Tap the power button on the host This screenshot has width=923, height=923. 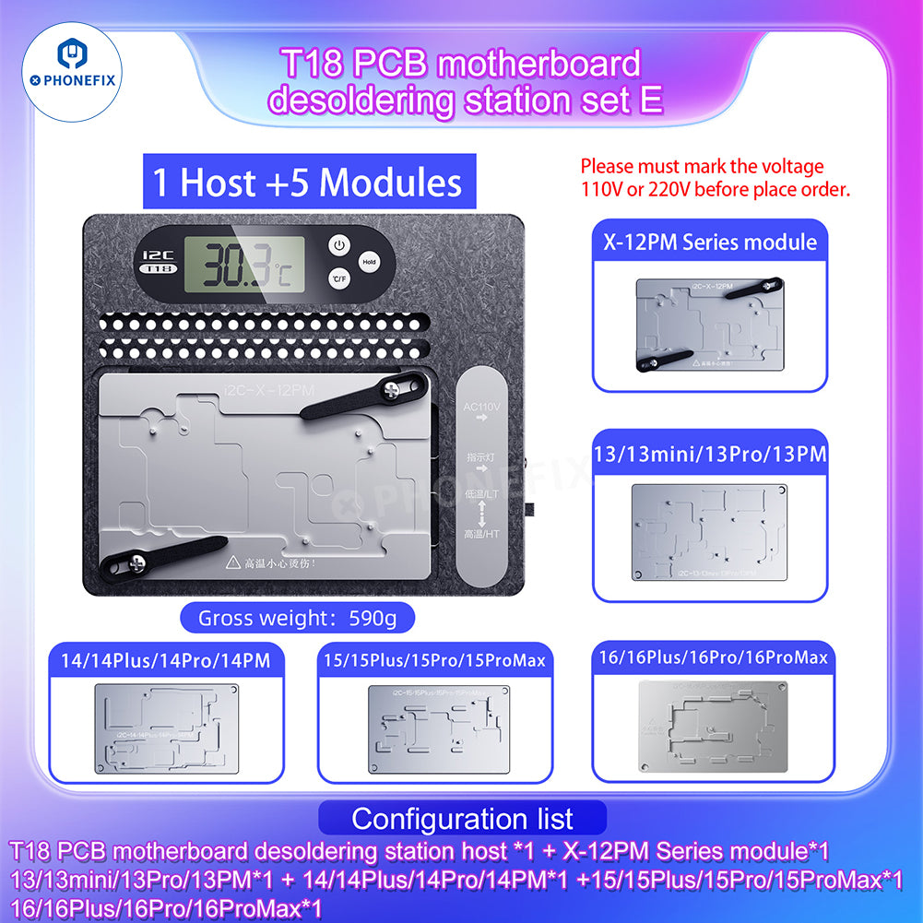338,246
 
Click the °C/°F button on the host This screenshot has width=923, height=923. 338,278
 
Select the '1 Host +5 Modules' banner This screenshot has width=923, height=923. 307,182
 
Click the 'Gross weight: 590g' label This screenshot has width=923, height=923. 297,618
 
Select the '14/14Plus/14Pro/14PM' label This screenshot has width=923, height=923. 166,660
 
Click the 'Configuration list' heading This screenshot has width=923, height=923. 462,818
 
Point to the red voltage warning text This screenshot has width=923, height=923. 715,178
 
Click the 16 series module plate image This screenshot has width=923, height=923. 709,726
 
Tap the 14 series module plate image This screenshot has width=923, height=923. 166,728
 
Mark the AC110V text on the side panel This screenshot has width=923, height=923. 480,407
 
